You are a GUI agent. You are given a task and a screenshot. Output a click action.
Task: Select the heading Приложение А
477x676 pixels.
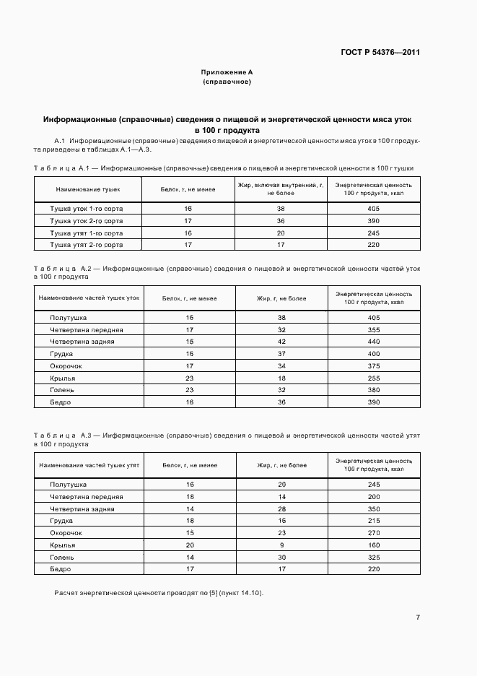[227, 73]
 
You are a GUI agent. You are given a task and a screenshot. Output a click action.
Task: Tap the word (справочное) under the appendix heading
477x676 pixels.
[227, 82]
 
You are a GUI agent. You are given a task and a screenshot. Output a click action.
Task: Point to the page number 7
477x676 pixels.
[418, 617]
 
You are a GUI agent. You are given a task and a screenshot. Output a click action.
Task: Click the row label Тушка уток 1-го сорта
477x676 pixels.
[86, 208]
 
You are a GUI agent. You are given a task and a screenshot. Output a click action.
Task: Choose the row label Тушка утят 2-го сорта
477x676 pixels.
[86, 245]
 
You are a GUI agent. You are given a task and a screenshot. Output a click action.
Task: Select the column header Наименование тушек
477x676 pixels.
[86, 189]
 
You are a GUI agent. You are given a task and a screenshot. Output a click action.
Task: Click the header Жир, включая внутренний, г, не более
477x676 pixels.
[281, 189]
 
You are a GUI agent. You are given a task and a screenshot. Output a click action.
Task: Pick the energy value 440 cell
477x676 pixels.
[373, 342]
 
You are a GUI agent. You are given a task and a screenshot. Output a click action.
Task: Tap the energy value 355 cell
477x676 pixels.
[373, 329]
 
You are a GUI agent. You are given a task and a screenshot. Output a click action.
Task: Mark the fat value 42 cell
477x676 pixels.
[281, 342]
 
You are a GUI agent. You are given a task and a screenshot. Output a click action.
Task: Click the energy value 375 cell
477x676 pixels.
[373, 366]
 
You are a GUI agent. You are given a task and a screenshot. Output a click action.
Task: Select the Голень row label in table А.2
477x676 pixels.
[62, 390]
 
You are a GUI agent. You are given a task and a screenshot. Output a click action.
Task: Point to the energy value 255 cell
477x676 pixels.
[373, 378]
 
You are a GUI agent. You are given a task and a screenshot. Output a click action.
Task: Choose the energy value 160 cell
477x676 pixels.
[373, 545]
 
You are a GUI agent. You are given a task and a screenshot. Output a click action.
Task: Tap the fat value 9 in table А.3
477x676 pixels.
[281, 545]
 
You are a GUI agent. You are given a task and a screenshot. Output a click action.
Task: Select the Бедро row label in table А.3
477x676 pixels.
[61, 569]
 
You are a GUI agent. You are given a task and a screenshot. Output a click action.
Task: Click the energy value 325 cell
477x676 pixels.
[373, 558]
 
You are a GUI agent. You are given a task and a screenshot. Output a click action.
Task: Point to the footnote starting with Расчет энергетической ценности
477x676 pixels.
[159, 593]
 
